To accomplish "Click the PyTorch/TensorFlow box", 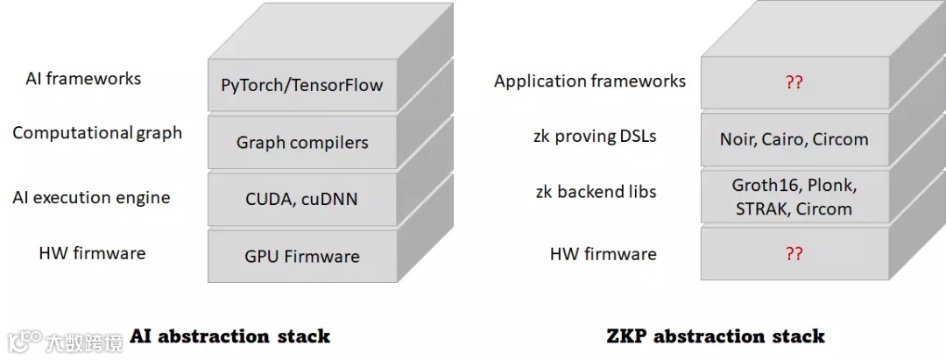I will point(302,85).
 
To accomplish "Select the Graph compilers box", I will point(302,142).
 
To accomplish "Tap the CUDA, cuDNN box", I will point(302,199).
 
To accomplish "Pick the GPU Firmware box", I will point(302,256).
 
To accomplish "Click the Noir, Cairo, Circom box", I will point(794,139).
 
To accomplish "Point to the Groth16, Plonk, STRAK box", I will point(794,197).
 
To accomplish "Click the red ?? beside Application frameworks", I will point(794,83).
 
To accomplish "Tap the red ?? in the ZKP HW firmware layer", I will point(794,254).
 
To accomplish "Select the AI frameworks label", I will point(83,79).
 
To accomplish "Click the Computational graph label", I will point(97,133).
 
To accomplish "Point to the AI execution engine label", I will point(91,197).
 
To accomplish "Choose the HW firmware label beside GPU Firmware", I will point(92,254).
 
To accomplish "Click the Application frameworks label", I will point(589,81).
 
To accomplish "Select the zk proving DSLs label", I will point(595,136).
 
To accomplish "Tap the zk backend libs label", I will point(596,192).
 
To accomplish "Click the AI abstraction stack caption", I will point(229,336).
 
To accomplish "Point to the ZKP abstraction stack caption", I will point(716,336).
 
